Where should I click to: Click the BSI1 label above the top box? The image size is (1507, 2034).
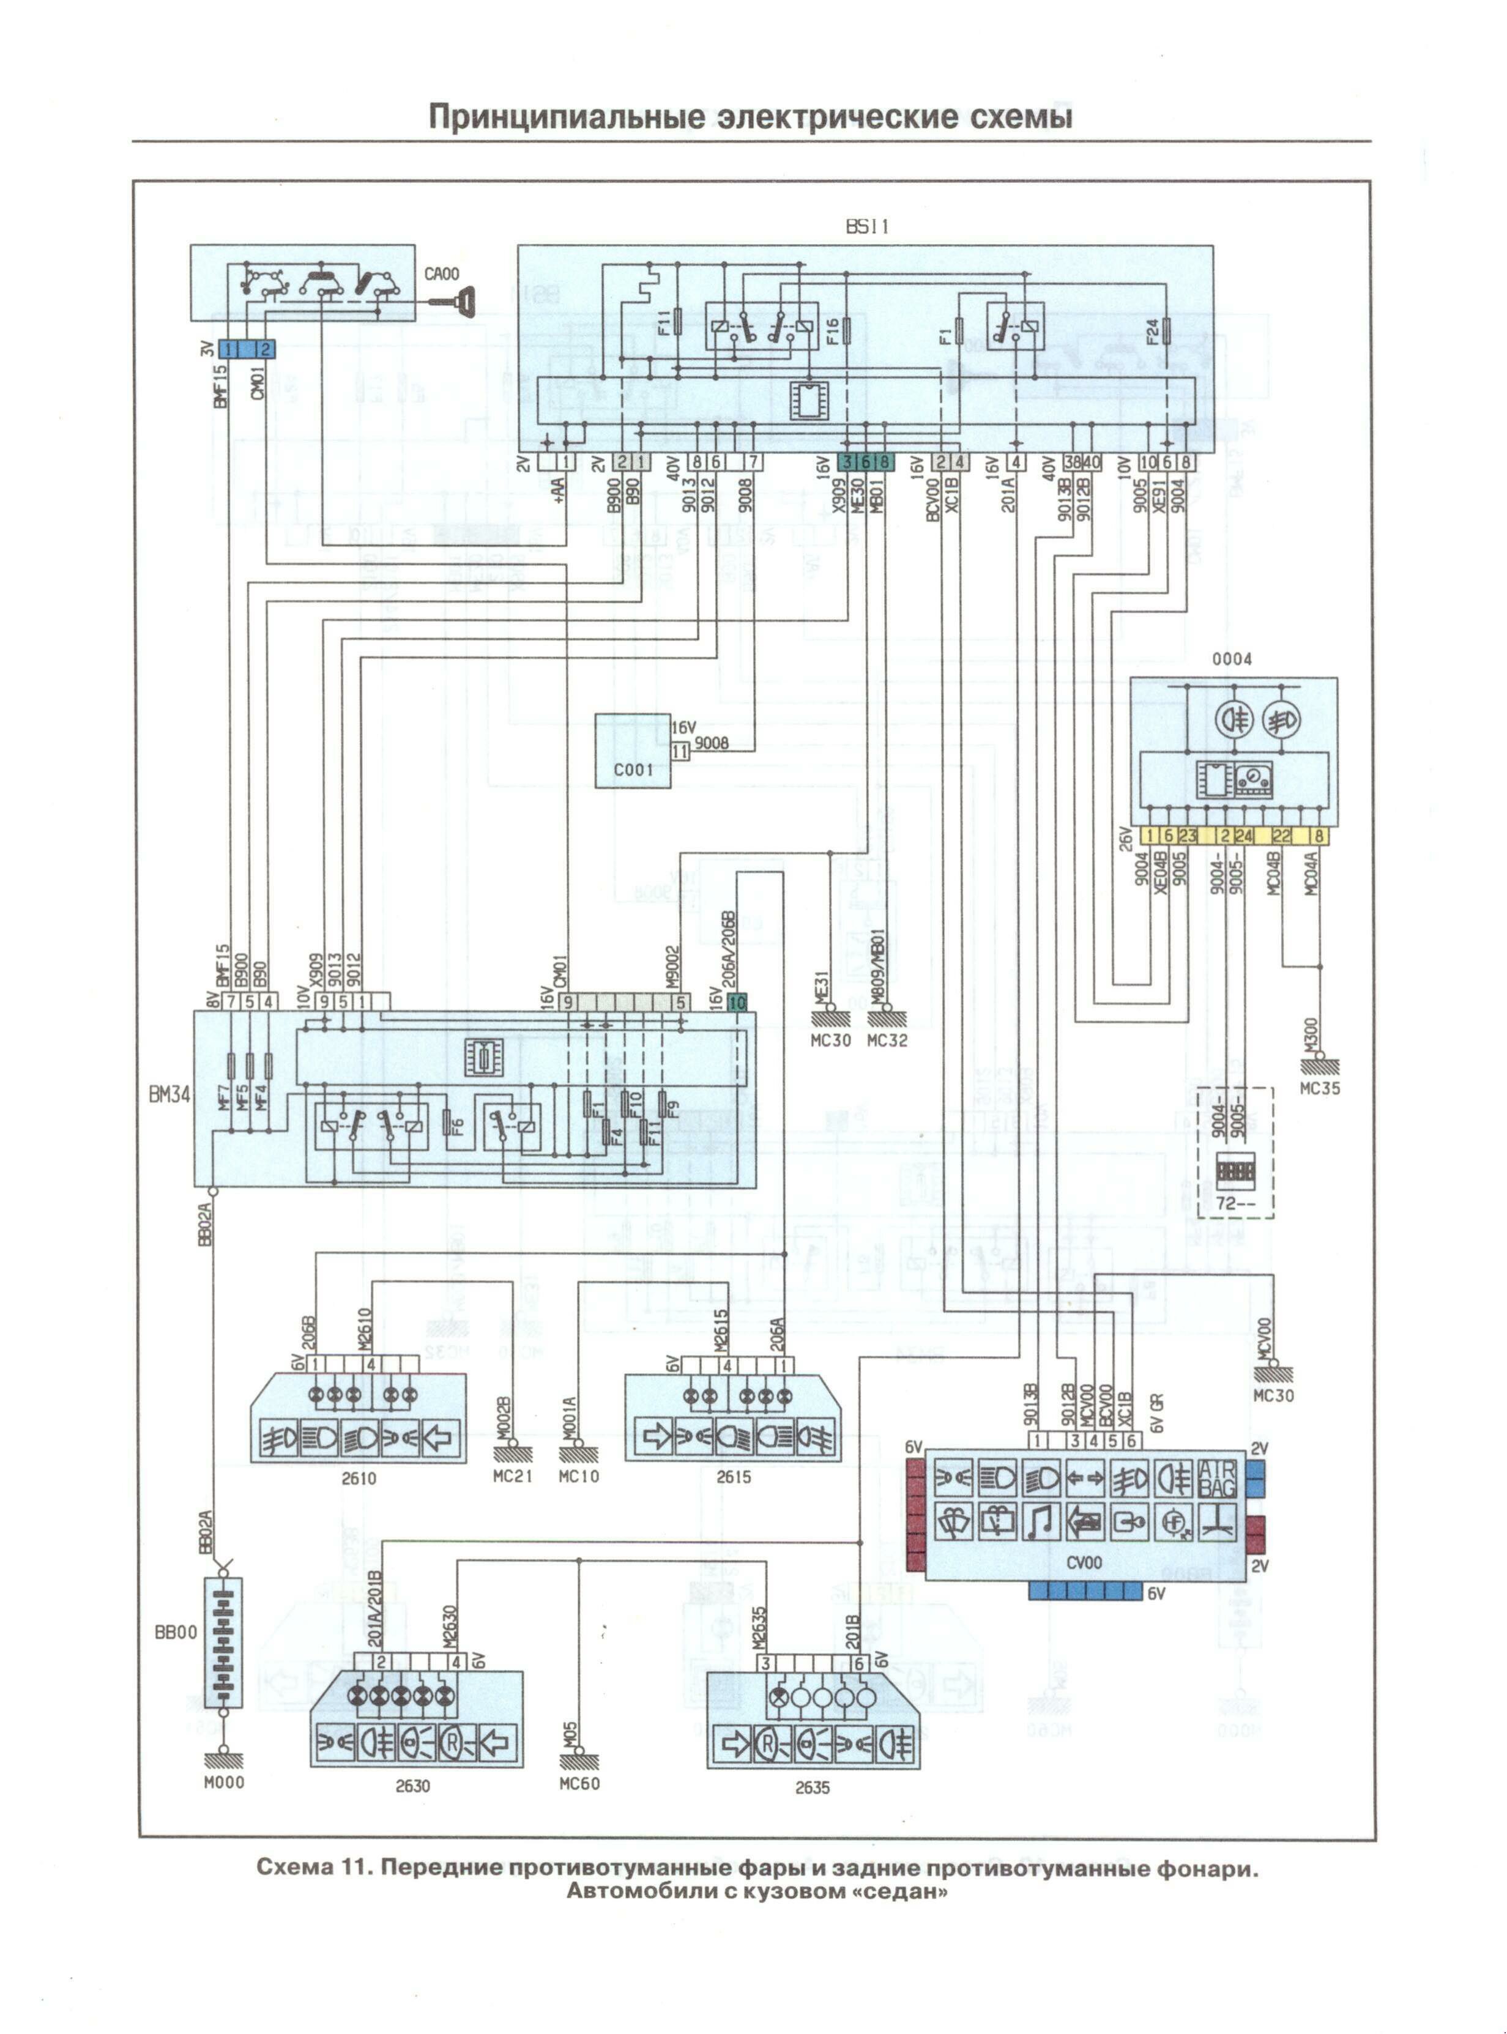[866, 226]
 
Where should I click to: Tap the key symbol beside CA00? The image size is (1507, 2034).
[464, 302]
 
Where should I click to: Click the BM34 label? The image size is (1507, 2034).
[169, 1094]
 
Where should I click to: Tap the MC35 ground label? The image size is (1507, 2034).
[1319, 1089]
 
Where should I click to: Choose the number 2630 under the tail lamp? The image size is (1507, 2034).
[412, 1786]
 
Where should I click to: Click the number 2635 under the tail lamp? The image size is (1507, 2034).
[812, 1787]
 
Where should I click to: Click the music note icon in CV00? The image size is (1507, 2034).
[1040, 1521]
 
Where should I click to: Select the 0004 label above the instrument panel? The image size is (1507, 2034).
[1232, 659]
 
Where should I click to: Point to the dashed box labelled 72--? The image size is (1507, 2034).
[1235, 1151]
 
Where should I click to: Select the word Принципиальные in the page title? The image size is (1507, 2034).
[565, 117]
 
